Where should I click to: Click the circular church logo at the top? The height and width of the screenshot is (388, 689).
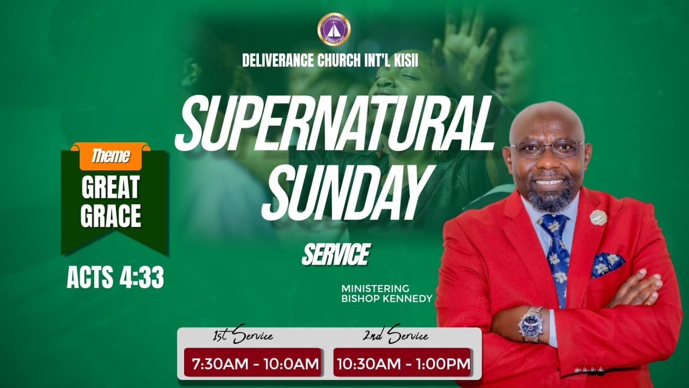[334, 29]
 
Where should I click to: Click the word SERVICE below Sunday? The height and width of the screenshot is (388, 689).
[335, 254]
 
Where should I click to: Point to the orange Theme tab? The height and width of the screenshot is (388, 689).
[111, 156]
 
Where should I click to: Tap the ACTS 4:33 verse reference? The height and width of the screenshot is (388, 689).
[115, 278]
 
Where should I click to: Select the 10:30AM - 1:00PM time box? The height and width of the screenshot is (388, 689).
[402, 363]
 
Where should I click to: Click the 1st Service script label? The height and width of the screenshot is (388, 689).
[243, 336]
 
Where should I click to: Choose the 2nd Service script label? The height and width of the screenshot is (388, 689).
[395, 336]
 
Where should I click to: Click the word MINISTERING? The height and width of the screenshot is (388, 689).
[375, 289]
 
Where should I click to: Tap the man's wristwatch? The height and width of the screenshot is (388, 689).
[531, 324]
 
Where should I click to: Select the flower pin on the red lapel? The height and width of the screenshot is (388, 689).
[598, 217]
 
